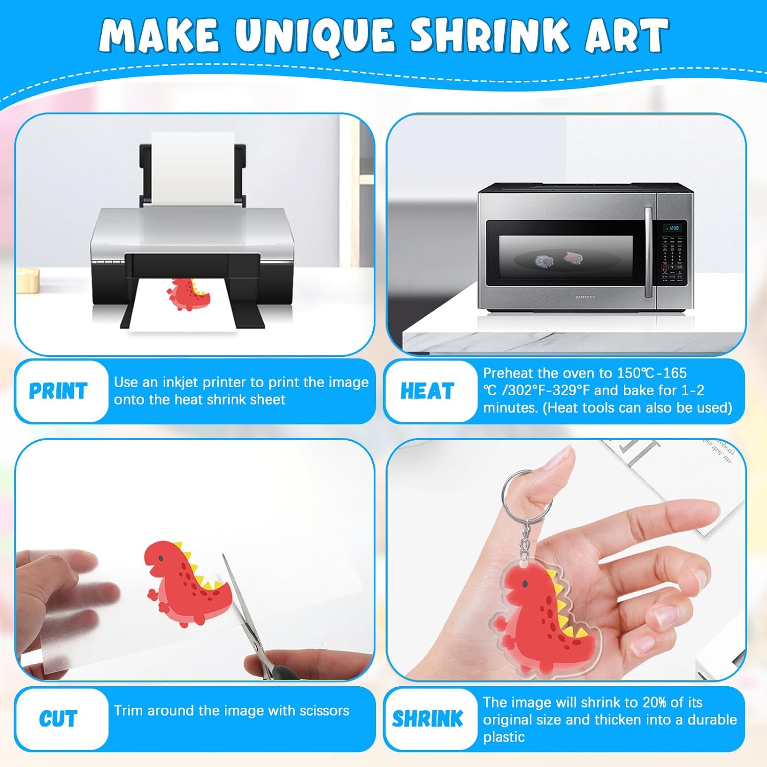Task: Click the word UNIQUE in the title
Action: point(315,36)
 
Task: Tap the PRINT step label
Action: point(58,391)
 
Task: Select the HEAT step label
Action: point(427,391)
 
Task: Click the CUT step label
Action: point(58,719)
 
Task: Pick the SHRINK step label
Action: point(427,719)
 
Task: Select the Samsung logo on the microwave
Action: point(585,297)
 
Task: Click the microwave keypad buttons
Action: point(672,258)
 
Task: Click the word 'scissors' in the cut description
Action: point(324,711)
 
